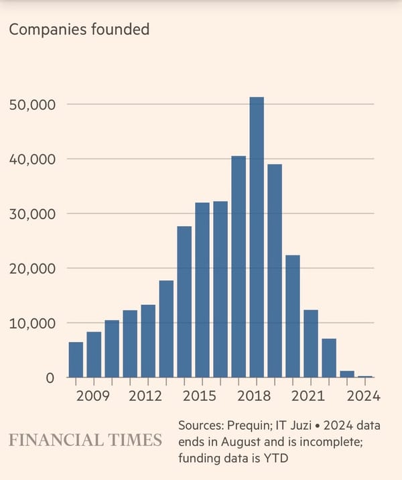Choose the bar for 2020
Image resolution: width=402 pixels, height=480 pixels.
coord(293,316)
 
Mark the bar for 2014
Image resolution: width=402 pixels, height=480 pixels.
coord(184,302)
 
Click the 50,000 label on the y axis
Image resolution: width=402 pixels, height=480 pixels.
coord(32,105)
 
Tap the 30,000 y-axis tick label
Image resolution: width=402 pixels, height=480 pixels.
coord(32,214)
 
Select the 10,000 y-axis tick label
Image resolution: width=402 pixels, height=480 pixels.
coord(32,323)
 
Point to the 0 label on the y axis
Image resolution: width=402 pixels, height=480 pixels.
coord(49,378)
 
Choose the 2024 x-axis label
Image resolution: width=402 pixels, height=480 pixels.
coord(364,396)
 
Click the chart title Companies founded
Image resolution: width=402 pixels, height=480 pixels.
coord(78,29)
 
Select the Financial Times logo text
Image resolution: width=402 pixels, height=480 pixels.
coord(85,440)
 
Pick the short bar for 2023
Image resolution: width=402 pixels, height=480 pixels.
coord(347,374)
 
